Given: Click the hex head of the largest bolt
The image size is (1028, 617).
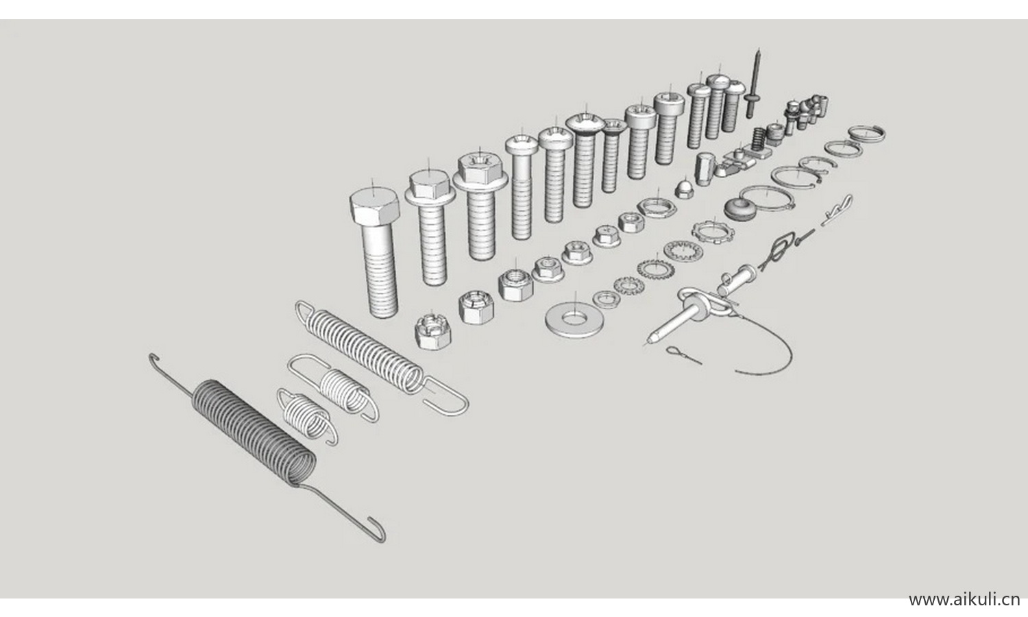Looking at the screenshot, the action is click(374, 208).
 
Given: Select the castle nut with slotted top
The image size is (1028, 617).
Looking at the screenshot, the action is click(432, 331).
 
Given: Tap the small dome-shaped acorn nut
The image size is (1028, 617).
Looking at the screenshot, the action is click(683, 189).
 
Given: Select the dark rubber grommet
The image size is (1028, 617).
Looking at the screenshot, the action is click(739, 209).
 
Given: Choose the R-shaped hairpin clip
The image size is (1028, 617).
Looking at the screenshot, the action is click(836, 211).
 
